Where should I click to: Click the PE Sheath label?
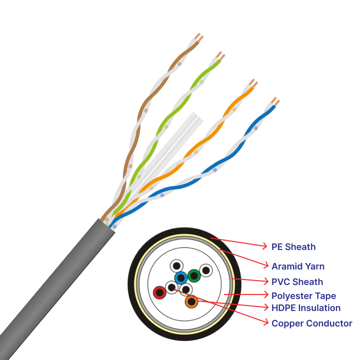[x=293, y=246]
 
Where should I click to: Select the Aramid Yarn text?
[x=298, y=266]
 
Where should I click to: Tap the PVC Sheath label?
[x=297, y=281]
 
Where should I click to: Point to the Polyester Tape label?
[x=303, y=296]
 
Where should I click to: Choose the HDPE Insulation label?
[x=306, y=307]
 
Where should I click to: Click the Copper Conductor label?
[x=312, y=323]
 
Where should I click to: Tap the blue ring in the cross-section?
[x=180, y=278]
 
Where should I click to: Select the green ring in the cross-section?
[x=194, y=275]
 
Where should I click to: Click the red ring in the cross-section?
[x=159, y=292]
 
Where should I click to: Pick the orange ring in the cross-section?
[x=191, y=301]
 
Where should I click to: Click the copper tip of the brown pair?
[x=199, y=37]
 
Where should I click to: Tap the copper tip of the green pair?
[x=220, y=54]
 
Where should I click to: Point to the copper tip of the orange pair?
[x=253, y=82]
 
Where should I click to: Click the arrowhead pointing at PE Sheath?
[x=265, y=245]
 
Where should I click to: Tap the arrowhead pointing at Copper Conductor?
[x=265, y=323]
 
